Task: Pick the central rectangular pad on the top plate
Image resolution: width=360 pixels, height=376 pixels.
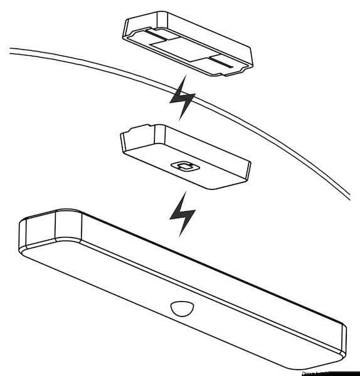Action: coord(183,50)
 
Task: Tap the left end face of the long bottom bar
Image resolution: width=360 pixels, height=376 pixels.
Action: coord(38,229)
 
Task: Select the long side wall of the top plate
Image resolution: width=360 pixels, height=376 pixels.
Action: coord(201,31)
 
